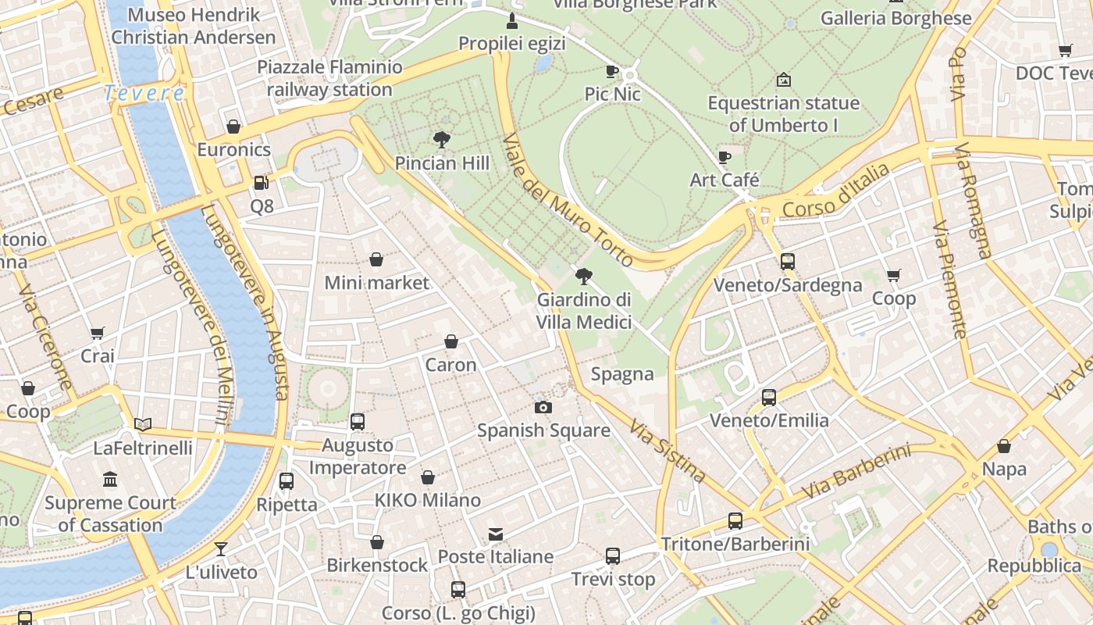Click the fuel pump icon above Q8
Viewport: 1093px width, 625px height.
pyautogui.click(x=262, y=183)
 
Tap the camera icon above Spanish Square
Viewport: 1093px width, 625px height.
pyautogui.click(x=543, y=407)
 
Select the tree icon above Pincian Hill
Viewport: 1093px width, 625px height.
pyautogui.click(x=442, y=140)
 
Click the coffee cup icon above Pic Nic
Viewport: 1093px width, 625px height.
pyautogui.click(x=612, y=71)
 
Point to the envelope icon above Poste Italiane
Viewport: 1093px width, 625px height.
pyautogui.click(x=495, y=534)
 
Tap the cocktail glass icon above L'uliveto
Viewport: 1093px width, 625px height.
pyautogui.click(x=221, y=549)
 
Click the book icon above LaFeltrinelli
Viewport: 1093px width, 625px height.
pyautogui.click(x=142, y=425)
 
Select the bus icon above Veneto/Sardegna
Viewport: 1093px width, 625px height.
pyautogui.click(x=787, y=262)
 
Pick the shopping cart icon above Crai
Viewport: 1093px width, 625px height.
pyautogui.click(x=98, y=334)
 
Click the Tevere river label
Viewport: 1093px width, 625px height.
pyautogui.click(x=144, y=93)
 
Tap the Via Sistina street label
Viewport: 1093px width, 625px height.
pyautogui.click(x=668, y=452)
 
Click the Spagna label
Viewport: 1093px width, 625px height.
pyautogui.click(x=622, y=374)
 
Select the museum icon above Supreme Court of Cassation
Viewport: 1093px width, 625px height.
pyautogui.click(x=110, y=479)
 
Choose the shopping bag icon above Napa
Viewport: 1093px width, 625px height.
pyautogui.click(x=1004, y=446)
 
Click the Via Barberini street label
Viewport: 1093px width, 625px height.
pyautogui.click(x=856, y=471)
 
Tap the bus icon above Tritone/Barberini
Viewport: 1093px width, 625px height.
pyautogui.click(x=735, y=520)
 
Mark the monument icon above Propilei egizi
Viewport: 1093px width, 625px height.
pyautogui.click(x=512, y=20)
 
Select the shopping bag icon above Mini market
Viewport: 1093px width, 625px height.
pyautogui.click(x=376, y=259)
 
